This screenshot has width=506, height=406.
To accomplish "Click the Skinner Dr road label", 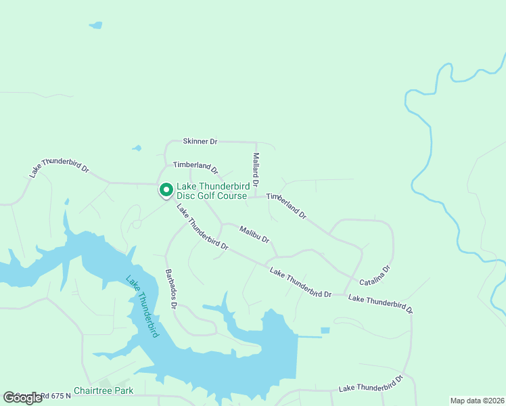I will click(x=200, y=141).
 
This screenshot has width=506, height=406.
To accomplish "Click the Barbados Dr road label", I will click(x=170, y=290).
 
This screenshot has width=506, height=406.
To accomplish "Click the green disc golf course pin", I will click(x=165, y=190).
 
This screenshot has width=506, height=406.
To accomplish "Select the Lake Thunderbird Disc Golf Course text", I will click(x=213, y=191).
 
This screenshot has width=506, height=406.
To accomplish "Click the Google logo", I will click(x=22, y=398).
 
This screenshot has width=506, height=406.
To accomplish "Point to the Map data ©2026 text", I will click(x=478, y=401).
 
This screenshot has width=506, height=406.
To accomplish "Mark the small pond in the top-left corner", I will click(x=96, y=26).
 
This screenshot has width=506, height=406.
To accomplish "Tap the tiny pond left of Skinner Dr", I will click(x=137, y=148).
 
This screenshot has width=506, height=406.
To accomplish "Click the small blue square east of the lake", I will click(x=325, y=330).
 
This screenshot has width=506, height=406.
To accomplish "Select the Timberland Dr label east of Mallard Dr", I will click(x=287, y=206).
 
